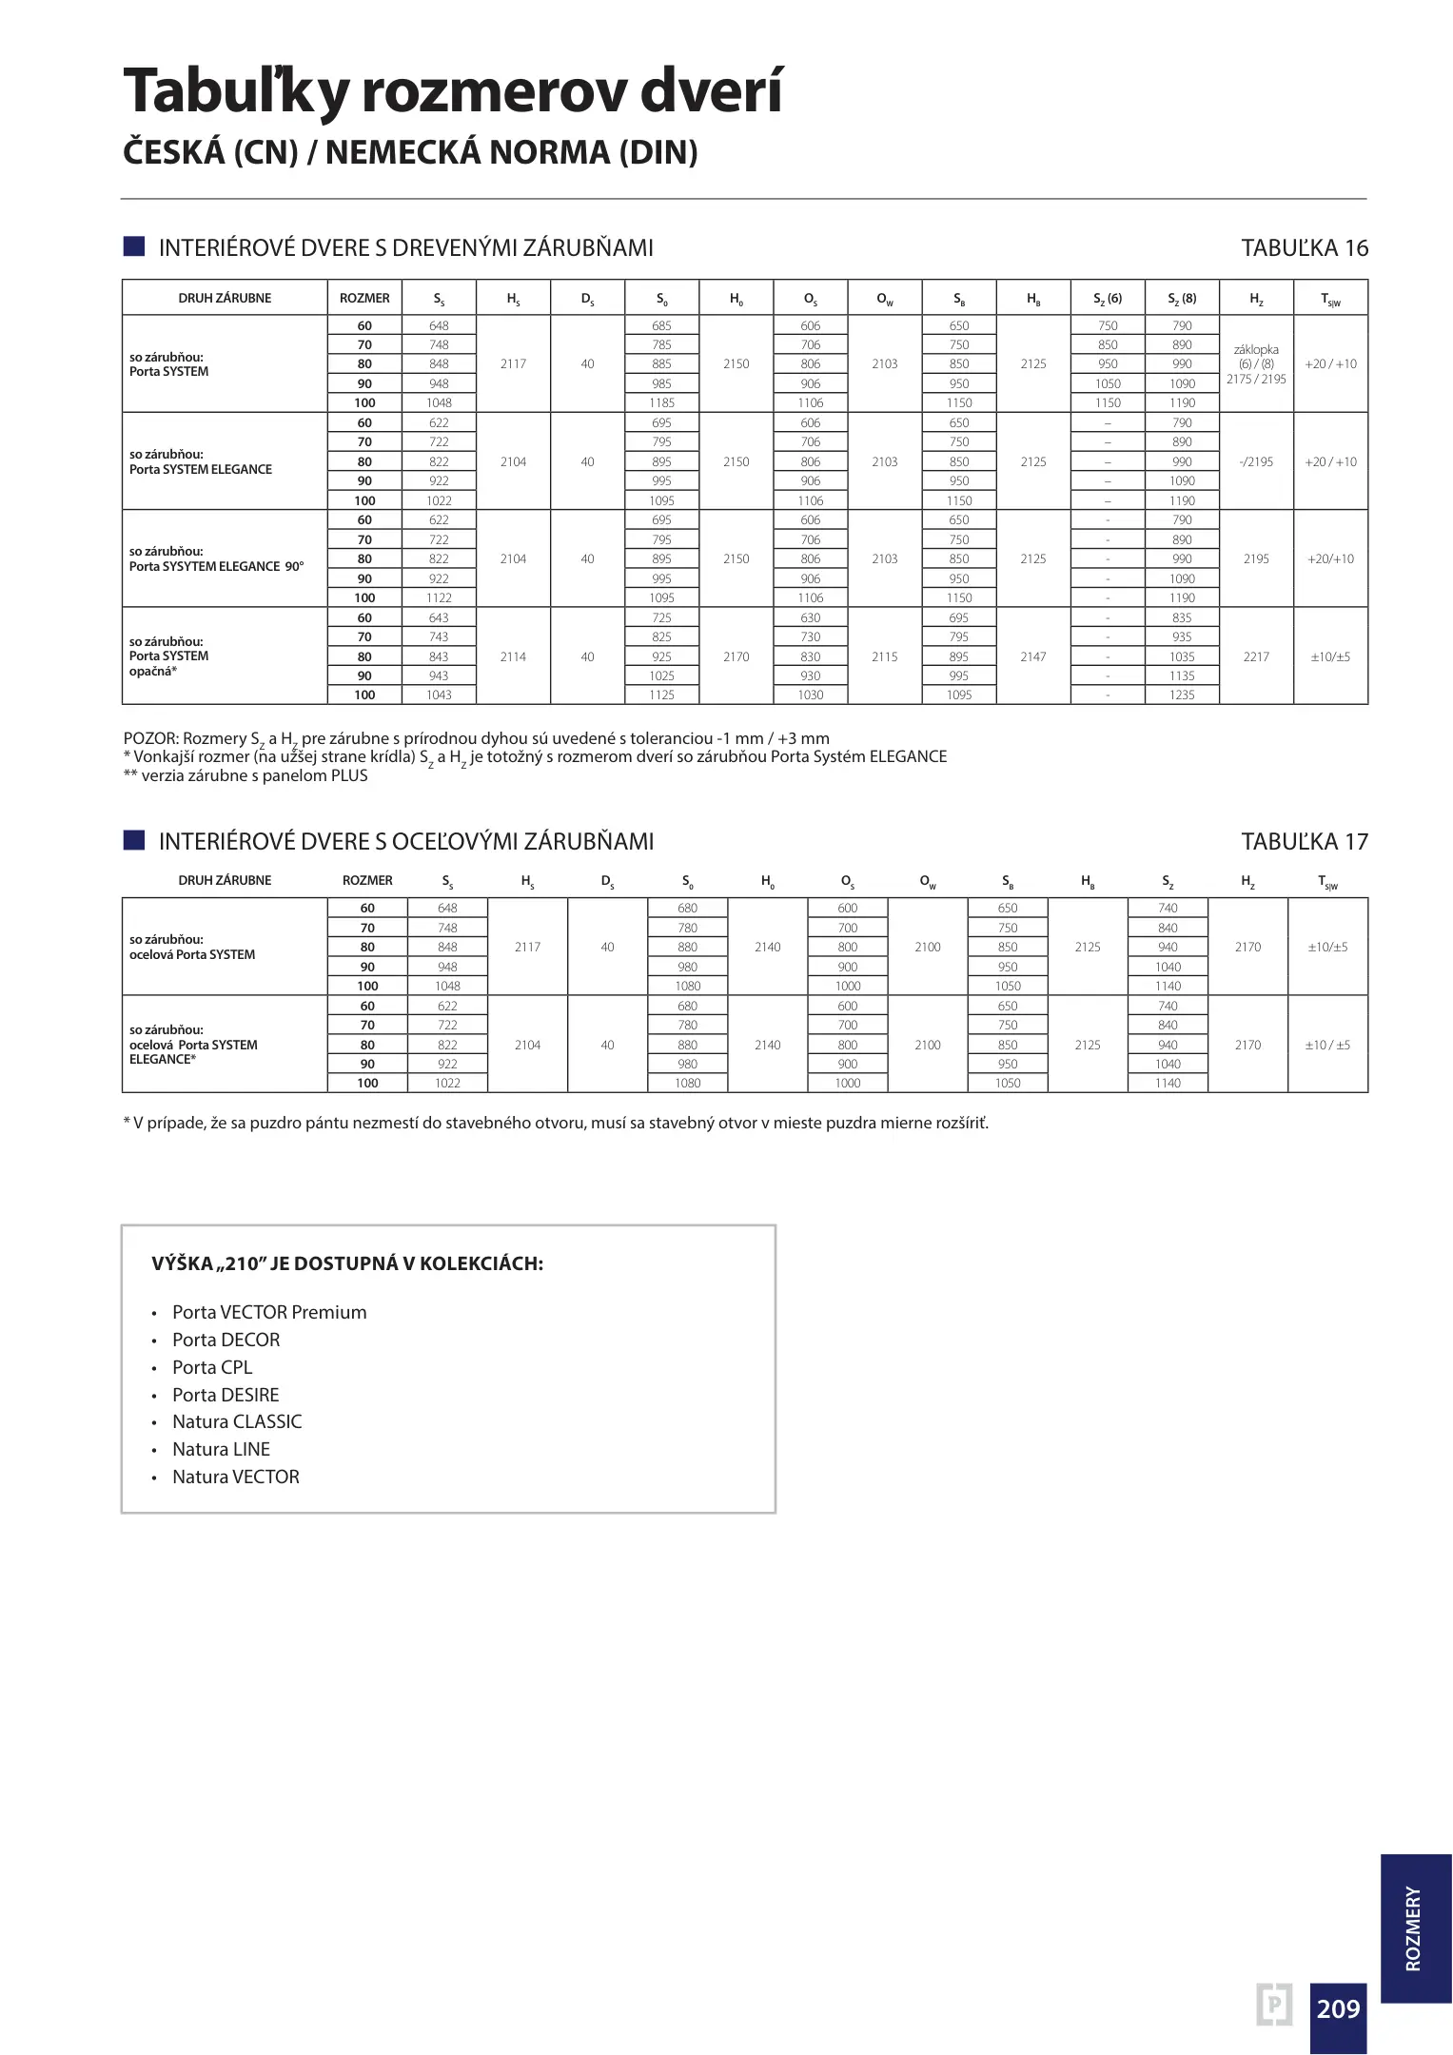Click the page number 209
click(x=1338, y=2007)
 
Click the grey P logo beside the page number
click(x=1274, y=2005)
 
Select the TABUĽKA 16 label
click(x=1304, y=248)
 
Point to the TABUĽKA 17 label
click(x=1304, y=842)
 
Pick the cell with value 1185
click(x=661, y=403)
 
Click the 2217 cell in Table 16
click(x=1256, y=656)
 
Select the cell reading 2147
click(x=1033, y=656)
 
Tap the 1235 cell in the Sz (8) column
click(x=1182, y=695)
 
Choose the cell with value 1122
click(x=439, y=598)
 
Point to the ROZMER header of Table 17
click(x=367, y=881)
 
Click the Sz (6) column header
click(x=1108, y=299)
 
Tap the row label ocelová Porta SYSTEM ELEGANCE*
click(x=194, y=1045)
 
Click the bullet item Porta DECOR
click(x=226, y=1340)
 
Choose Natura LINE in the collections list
click(x=222, y=1449)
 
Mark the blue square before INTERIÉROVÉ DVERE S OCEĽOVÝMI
click(x=134, y=840)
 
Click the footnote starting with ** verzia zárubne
click(x=245, y=775)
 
